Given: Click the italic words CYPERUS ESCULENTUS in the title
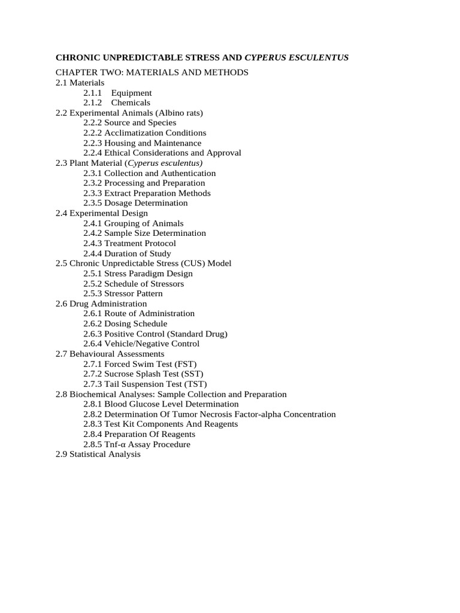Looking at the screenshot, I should (296, 57).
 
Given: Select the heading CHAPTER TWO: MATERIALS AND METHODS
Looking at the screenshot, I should (152, 72).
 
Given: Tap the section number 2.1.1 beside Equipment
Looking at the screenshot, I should (93, 93).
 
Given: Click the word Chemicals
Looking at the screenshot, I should (131, 103).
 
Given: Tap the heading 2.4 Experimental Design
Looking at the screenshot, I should (101, 213).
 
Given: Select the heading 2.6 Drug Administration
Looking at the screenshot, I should (101, 304).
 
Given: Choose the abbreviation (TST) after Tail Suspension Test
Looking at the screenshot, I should (196, 384).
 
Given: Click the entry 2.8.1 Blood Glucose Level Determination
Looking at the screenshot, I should (161, 404).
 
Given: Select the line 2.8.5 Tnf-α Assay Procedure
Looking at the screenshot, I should (137, 444).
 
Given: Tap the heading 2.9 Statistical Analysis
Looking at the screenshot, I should (98, 454).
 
